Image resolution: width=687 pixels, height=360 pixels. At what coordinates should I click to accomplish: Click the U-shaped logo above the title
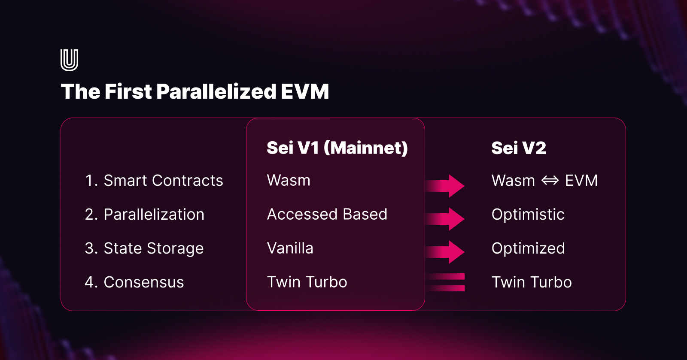pyautogui.click(x=70, y=60)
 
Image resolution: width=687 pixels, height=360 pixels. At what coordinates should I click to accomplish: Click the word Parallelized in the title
pyautogui.click(x=216, y=92)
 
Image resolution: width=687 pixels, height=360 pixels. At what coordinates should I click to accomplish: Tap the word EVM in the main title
pyautogui.click(x=305, y=92)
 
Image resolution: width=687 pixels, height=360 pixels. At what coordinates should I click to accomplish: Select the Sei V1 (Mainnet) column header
pyautogui.click(x=337, y=148)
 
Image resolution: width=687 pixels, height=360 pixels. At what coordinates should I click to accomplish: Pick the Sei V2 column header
pyautogui.click(x=519, y=148)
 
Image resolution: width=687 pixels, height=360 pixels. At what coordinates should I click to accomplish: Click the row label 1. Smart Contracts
pyautogui.click(x=154, y=181)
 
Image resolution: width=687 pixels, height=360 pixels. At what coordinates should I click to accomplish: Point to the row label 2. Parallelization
pyautogui.click(x=145, y=215)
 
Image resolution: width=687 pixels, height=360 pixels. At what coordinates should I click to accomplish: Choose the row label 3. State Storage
pyautogui.click(x=144, y=248)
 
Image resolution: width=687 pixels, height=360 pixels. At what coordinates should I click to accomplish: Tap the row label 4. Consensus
pyautogui.click(x=134, y=282)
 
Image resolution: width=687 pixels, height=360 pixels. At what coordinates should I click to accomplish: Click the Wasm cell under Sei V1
pyautogui.click(x=289, y=181)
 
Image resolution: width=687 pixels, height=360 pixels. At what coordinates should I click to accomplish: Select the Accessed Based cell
pyautogui.click(x=327, y=215)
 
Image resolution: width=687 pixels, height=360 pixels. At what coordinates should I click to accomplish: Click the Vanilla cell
pyautogui.click(x=290, y=248)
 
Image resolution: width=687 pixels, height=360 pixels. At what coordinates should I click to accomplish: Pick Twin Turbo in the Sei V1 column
pyautogui.click(x=307, y=282)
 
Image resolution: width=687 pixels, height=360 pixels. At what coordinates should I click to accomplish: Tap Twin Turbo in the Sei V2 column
pyautogui.click(x=532, y=282)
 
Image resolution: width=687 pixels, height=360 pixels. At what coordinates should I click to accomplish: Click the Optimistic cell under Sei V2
pyautogui.click(x=528, y=215)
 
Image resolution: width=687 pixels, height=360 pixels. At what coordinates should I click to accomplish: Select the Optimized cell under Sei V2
pyautogui.click(x=528, y=248)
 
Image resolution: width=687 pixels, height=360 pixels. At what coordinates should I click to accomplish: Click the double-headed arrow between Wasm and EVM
pyautogui.click(x=550, y=181)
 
